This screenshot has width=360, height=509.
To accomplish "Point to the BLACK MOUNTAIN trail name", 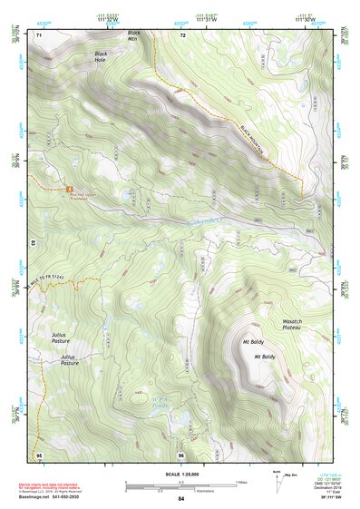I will click(x=257, y=141).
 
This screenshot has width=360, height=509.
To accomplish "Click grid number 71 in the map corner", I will click(x=39, y=34).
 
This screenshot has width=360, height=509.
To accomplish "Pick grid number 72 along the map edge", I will click(x=182, y=34).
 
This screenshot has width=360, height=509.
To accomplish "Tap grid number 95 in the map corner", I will click(x=39, y=453).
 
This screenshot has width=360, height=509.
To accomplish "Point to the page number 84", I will click(x=180, y=499).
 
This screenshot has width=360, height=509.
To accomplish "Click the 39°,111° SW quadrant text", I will click(x=332, y=499).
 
